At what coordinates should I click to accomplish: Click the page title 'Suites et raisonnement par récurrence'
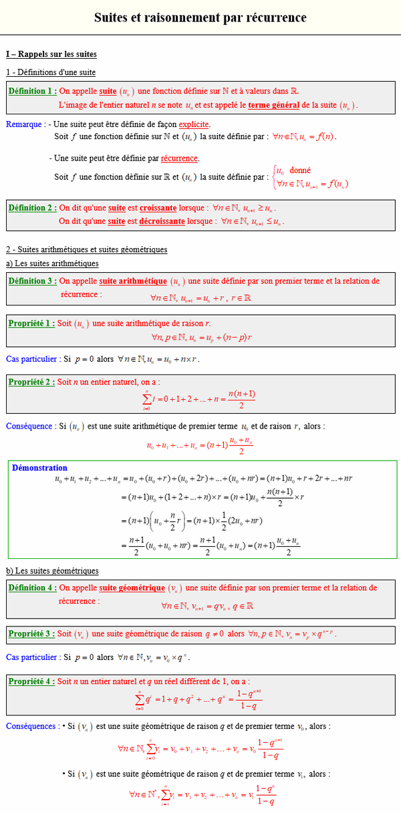click(200, 17)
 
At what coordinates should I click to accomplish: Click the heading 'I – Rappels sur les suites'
click(51, 54)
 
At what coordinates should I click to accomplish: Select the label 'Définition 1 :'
click(33, 90)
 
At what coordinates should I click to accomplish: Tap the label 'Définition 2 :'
click(33, 208)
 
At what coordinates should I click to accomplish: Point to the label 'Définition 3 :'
click(33, 281)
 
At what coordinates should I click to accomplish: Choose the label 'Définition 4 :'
click(33, 588)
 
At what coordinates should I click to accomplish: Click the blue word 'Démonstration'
click(39, 468)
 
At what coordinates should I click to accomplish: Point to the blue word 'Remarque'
click(24, 124)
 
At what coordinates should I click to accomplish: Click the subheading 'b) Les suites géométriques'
click(52, 570)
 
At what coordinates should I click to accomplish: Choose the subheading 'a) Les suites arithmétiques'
click(52, 263)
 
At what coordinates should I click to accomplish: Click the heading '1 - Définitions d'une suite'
click(51, 72)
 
